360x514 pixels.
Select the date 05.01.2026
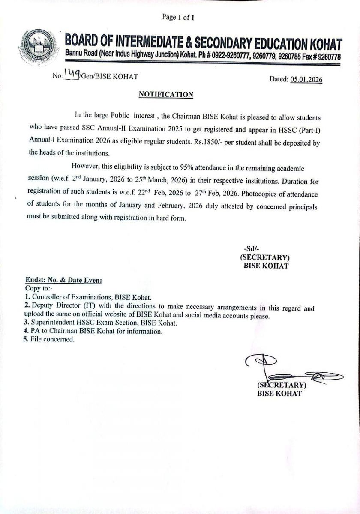[x=306, y=79]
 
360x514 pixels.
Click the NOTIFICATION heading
[x=166, y=95]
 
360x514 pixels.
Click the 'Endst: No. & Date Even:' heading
[x=63, y=281]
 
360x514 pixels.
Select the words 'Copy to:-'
[x=38, y=288]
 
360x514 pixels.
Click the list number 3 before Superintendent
[x=27, y=323]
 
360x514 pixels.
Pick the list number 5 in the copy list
[x=27, y=339]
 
